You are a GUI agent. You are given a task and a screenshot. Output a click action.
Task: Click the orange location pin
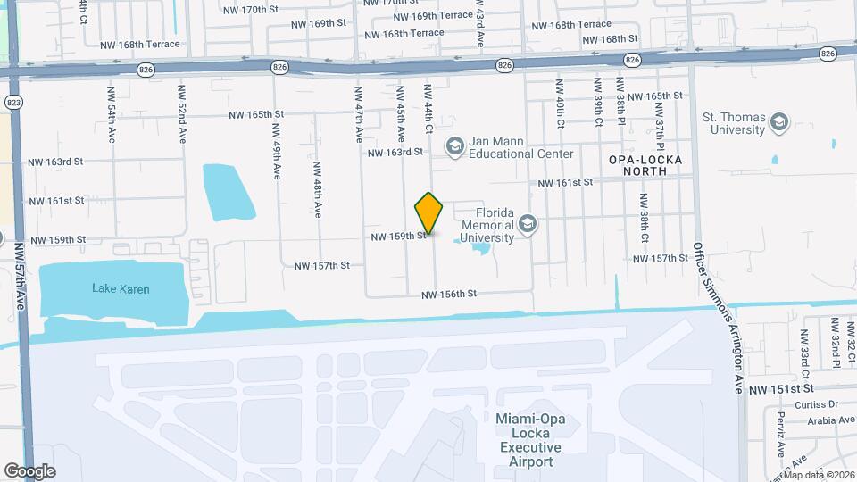pos(429,213)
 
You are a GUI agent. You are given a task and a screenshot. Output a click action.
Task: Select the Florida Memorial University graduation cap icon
pos(528,223)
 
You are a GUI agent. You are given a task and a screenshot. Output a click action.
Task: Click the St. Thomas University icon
pos(779,122)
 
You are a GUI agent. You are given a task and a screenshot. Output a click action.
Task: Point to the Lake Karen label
pos(121,289)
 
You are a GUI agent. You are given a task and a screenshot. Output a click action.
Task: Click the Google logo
pos(29,470)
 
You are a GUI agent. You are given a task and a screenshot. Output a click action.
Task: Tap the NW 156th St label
pos(450,294)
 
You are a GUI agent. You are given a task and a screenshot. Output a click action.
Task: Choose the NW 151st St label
pos(781,389)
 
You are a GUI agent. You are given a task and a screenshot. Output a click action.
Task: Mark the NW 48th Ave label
pos(317,188)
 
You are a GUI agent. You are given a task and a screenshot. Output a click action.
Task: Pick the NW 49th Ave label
pos(277,150)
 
